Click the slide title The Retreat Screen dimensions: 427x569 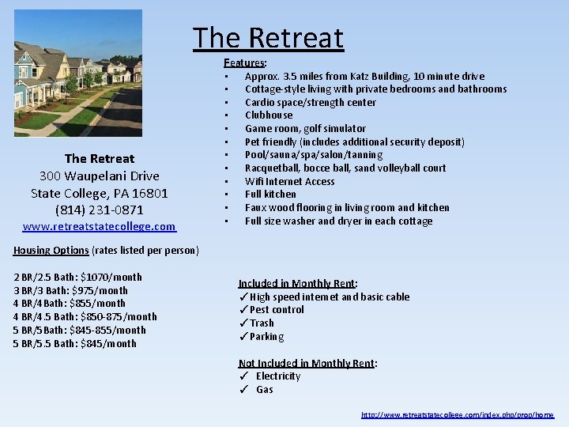269,38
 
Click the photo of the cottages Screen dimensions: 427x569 78,73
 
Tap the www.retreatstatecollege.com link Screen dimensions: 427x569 100,227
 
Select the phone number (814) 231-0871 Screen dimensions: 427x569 100,210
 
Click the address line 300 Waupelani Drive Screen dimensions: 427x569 100,176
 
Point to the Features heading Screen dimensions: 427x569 244,62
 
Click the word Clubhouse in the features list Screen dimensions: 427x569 269,115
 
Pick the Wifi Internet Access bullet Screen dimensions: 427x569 289,181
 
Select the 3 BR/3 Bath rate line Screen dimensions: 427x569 70,291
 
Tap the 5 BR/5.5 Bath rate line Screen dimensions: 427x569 75,344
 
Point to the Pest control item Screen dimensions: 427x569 277,310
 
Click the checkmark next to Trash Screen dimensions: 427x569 243,323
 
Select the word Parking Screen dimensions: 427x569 267,337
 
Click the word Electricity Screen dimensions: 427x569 278,376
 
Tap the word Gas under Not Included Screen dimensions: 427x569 265,390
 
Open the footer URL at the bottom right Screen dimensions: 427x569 458,415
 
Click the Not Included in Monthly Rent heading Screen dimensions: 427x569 307,364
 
